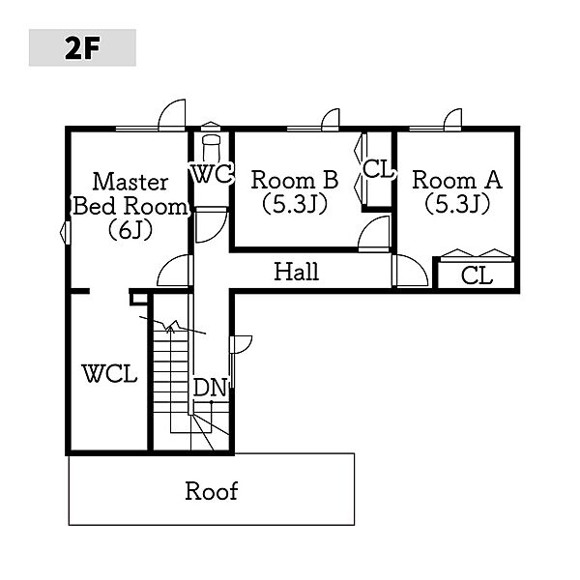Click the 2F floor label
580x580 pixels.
pos(82,48)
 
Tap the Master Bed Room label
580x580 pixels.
pos(130,194)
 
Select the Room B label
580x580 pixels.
pos(295,180)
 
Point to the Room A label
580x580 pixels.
pos(457,180)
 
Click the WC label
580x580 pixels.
pos(212,173)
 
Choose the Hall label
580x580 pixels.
pos(297,272)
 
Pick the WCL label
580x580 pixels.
pos(109,373)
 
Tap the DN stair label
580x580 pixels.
pos(210,388)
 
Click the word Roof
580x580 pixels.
pos(211,491)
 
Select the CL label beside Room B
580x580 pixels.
pos(377,169)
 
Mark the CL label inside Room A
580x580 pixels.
pos(477,275)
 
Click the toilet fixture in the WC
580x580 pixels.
pos(211,147)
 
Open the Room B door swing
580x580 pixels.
pos(374,234)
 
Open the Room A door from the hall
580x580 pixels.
pos(410,271)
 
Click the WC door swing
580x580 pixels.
pos(211,225)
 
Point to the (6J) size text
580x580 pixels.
pos(130,231)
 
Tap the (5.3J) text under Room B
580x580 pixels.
pos(295,204)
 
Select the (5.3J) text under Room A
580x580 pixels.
pos(457,204)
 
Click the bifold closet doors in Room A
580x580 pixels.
pos(477,255)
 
